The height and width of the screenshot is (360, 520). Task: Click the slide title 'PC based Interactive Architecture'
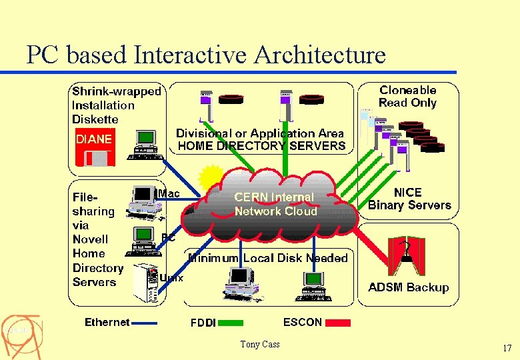click(x=205, y=55)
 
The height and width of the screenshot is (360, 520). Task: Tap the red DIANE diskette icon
click(x=95, y=148)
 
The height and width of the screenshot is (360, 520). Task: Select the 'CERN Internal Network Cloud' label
click(x=274, y=204)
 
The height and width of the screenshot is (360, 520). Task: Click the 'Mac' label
click(x=169, y=193)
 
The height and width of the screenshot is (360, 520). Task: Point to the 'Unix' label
click(x=171, y=277)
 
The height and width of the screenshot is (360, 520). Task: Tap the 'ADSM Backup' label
click(x=408, y=287)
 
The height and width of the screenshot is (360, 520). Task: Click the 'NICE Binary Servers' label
click(x=409, y=199)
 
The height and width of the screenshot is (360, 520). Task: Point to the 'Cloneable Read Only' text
click(x=407, y=96)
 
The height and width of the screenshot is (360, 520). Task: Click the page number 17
click(x=507, y=348)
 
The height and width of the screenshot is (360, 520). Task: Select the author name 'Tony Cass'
click(x=260, y=344)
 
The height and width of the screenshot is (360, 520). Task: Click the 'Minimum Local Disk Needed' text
click(x=268, y=258)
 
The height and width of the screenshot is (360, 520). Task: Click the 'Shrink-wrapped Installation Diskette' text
click(x=116, y=105)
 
